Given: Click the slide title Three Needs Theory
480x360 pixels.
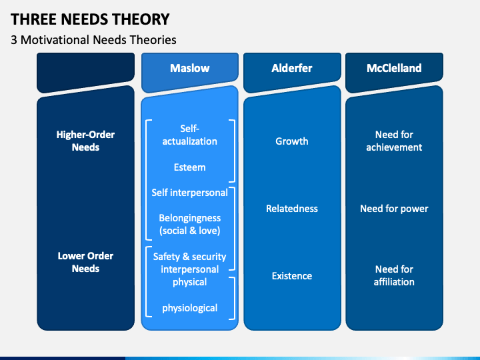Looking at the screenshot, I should pyautogui.click(x=90, y=19).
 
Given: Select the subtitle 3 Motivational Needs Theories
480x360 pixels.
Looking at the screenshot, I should pyautogui.click(x=93, y=40).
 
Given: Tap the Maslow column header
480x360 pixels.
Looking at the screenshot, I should pyautogui.click(x=189, y=68).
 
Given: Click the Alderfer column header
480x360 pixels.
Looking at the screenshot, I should pyautogui.click(x=291, y=68).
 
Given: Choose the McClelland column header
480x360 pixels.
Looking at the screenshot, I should pyautogui.click(x=394, y=68).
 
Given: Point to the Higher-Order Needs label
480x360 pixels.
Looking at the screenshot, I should pyautogui.click(x=85, y=141).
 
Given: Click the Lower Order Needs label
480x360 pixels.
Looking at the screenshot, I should pyautogui.click(x=85, y=262).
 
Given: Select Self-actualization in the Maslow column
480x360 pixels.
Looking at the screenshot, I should pyautogui.click(x=189, y=134).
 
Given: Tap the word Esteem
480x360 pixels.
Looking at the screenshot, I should pyautogui.click(x=189, y=167).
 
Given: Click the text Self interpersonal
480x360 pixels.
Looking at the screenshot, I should pyautogui.click(x=189, y=192).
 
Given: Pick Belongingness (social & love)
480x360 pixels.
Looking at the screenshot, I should pyautogui.click(x=189, y=224).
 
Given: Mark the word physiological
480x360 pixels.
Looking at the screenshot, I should pyautogui.click(x=189, y=308).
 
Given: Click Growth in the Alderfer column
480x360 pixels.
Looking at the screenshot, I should pyautogui.click(x=291, y=141).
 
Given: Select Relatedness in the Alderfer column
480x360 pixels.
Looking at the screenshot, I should pyautogui.click(x=291, y=209).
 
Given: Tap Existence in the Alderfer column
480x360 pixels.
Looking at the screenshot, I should pyautogui.click(x=291, y=276).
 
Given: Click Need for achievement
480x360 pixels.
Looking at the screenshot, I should pyautogui.click(x=394, y=141).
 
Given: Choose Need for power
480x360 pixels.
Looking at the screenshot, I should pyautogui.click(x=394, y=209).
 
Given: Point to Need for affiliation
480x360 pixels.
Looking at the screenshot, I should pyautogui.click(x=394, y=275).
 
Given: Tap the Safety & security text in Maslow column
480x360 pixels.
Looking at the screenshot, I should pyautogui.click(x=189, y=257).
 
